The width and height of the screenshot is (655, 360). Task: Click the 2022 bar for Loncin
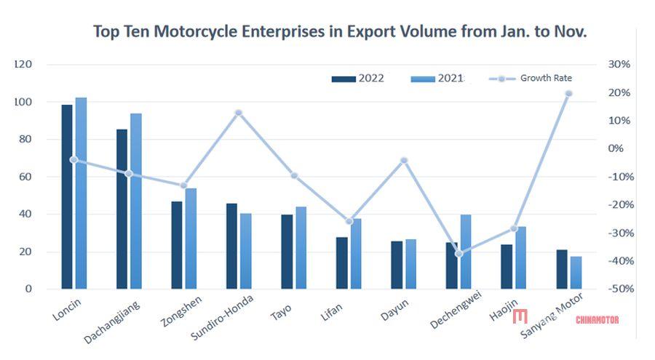click(x=67, y=196)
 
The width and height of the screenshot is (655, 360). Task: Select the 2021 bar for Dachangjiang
click(x=136, y=201)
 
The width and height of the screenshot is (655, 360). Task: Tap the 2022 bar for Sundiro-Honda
click(x=231, y=246)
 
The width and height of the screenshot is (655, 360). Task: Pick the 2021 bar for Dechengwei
click(x=466, y=252)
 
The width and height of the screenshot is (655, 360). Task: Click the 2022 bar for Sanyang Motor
click(x=562, y=269)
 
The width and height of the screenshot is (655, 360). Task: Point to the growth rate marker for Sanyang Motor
click(x=568, y=93)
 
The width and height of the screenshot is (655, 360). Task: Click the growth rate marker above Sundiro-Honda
click(x=238, y=113)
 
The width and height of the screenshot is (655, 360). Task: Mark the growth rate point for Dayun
click(x=404, y=160)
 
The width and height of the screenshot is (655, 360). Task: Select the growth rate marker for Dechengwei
click(x=458, y=254)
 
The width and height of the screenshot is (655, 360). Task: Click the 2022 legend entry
click(x=357, y=79)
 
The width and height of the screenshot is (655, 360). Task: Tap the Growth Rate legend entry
click(x=531, y=79)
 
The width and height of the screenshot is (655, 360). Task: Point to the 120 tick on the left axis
click(x=23, y=65)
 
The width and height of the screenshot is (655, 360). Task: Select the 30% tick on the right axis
click(x=619, y=65)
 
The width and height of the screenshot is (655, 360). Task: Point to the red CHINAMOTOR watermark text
click(x=597, y=319)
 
